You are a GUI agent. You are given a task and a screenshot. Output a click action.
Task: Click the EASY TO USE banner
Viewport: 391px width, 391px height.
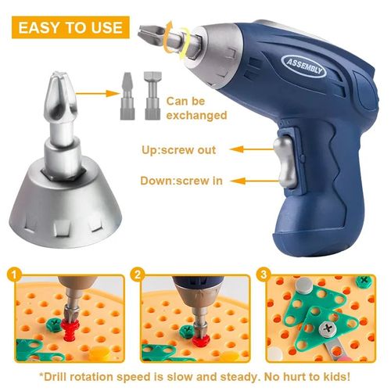(70, 27)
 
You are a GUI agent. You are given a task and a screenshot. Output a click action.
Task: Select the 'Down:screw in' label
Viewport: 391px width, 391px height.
(182, 180)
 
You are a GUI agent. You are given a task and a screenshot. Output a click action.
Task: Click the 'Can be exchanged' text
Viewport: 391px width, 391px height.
(198, 108)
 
